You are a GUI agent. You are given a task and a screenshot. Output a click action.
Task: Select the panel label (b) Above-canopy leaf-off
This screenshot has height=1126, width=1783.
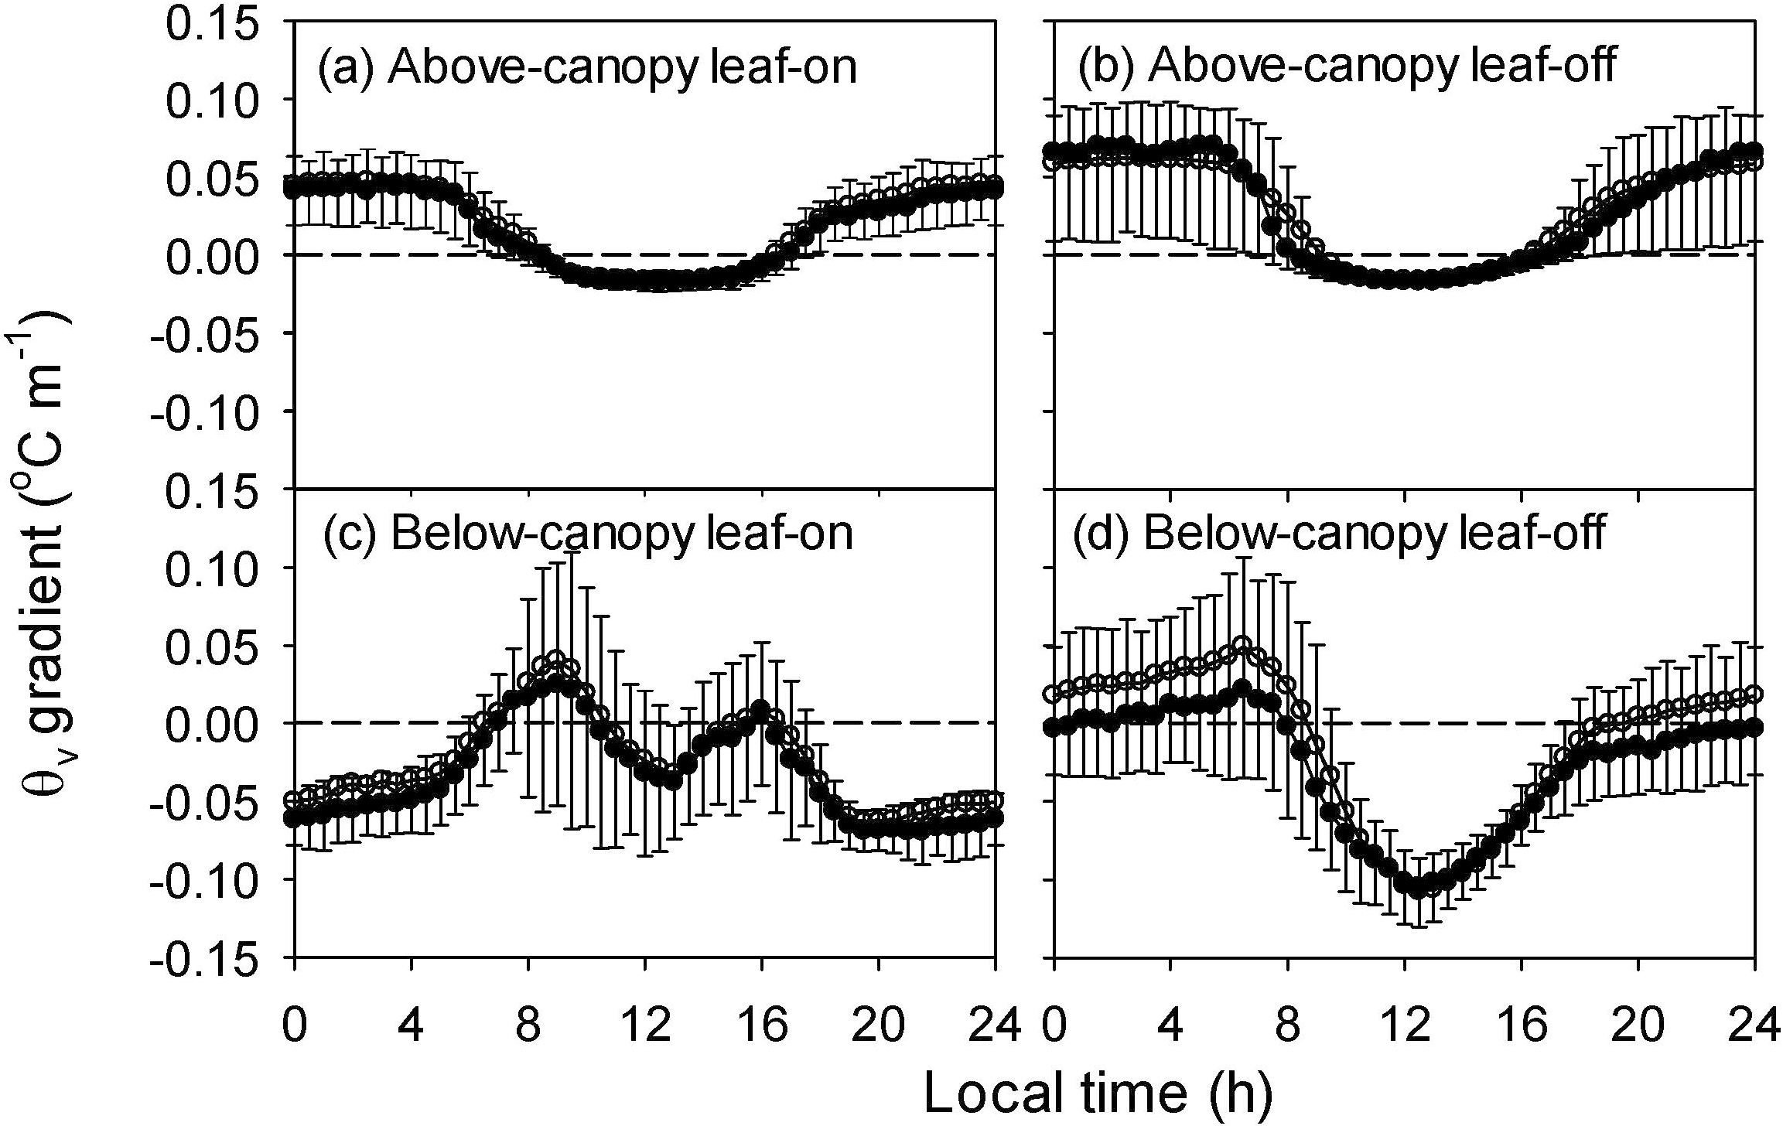coord(1346,67)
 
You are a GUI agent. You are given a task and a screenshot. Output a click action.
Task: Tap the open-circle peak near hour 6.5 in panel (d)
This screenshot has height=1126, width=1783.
coord(1242,644)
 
